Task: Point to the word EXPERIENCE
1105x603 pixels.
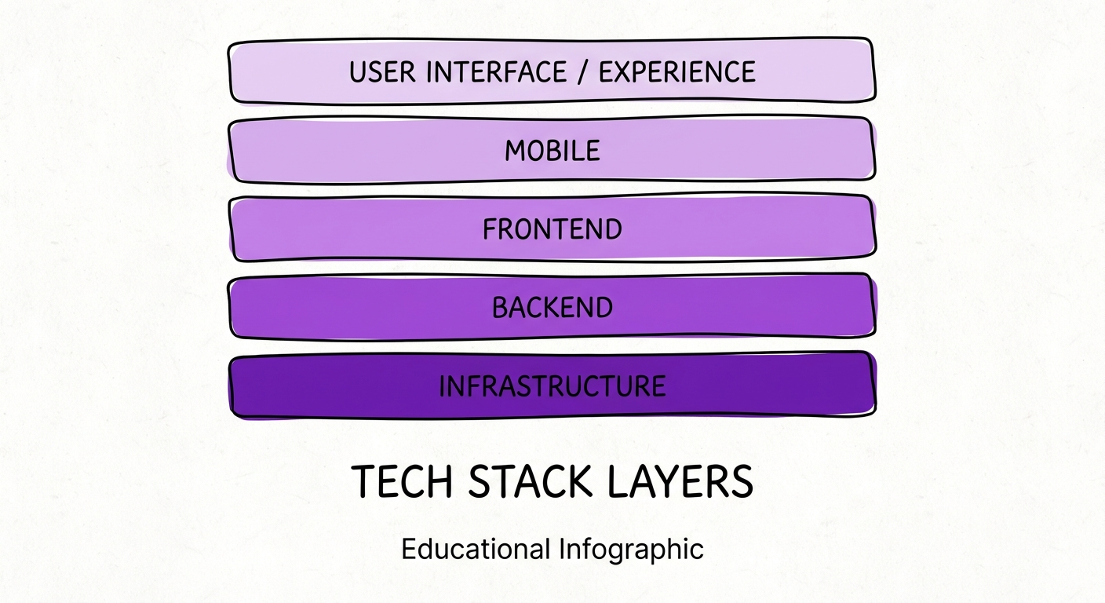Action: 677,72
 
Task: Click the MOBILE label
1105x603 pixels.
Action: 552,151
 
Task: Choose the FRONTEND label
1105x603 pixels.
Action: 552,229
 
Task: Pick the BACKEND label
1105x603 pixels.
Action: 552,308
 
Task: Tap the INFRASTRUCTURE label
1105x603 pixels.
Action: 552,386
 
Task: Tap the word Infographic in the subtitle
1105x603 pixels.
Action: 633,550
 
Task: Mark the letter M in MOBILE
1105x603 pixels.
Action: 515,151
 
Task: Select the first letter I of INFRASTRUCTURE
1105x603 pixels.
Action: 443,386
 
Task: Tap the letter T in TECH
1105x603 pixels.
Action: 364,482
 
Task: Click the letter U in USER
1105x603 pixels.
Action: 358,72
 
